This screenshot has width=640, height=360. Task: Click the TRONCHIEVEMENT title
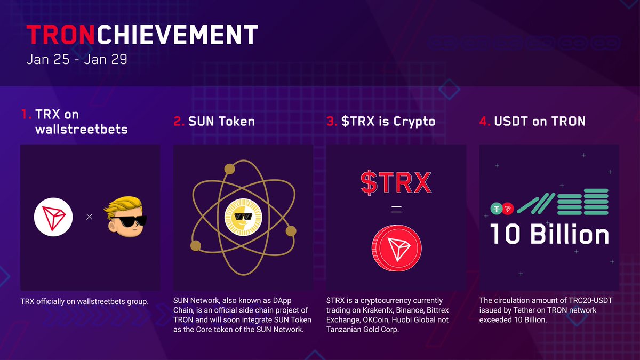(x=142, y=35)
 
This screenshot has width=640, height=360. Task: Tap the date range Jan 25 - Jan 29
(x=77, y=59)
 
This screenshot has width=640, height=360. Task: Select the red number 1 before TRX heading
(x=26, y=114)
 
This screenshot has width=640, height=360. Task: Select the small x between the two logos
(x=90, y=217)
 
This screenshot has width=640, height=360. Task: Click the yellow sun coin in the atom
(x=243, y=218)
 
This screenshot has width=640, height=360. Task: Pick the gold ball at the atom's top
(x=229, y=170)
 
